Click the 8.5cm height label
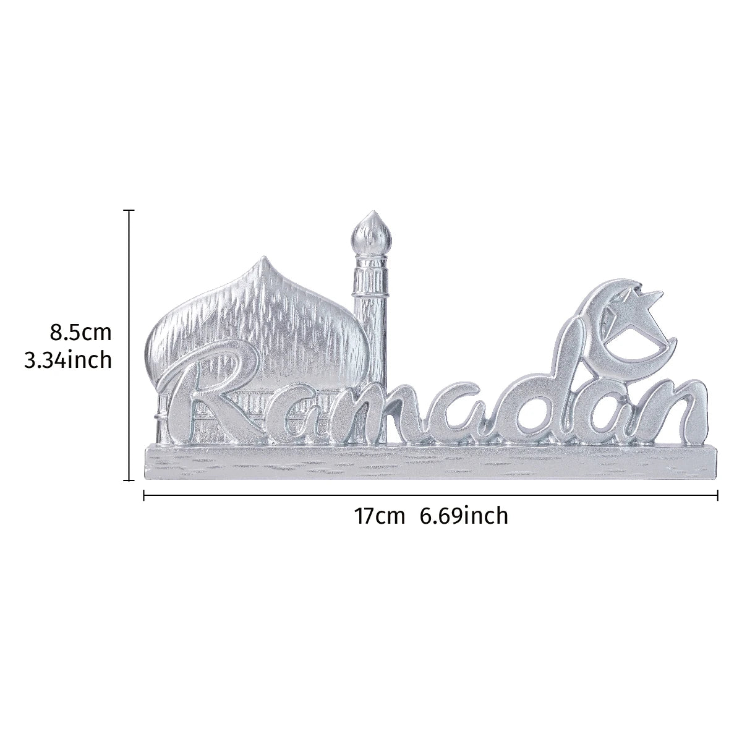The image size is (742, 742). (x=80, y=332)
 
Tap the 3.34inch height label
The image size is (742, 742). (x=68, y=359)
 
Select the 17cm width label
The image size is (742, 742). (x=379, y=515)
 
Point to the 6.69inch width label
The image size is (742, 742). (x=464, y=515)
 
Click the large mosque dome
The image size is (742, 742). (x=260, y=315)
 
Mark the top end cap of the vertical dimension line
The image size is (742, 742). (x=129, y=211)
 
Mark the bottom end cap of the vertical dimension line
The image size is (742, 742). (x=129, y=479)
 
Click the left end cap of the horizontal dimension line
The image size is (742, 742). (x=144, y=495)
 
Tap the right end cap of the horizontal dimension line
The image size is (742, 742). (x=717, y=495)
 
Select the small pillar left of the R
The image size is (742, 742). (x=161, y=420)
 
